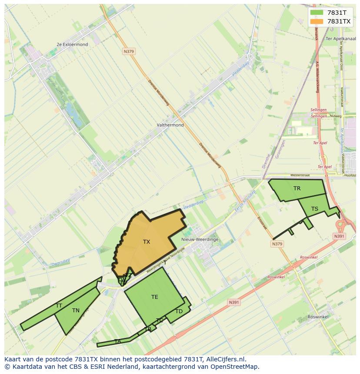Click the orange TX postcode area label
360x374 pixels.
pos(147,242)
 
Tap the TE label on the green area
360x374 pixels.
pos(155,297)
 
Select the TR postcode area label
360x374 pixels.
pos(297,189)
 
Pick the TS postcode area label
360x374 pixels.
pos(315,209)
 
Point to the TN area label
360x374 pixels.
pos(76,311)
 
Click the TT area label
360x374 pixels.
pos(59,306)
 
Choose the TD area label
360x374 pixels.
pos(179,311)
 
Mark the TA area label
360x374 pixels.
pos(117,341)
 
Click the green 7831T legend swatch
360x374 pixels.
pos(317,13)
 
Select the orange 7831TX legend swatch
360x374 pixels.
pos(317,21)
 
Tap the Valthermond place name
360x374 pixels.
pos(170,125)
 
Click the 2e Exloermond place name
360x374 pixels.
pos(72,44)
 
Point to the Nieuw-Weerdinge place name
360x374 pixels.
pos(200,239)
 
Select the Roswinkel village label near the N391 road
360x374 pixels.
pos(318,317)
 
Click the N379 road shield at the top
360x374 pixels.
pos(129,51)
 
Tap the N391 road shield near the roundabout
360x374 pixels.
pos(339,236)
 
